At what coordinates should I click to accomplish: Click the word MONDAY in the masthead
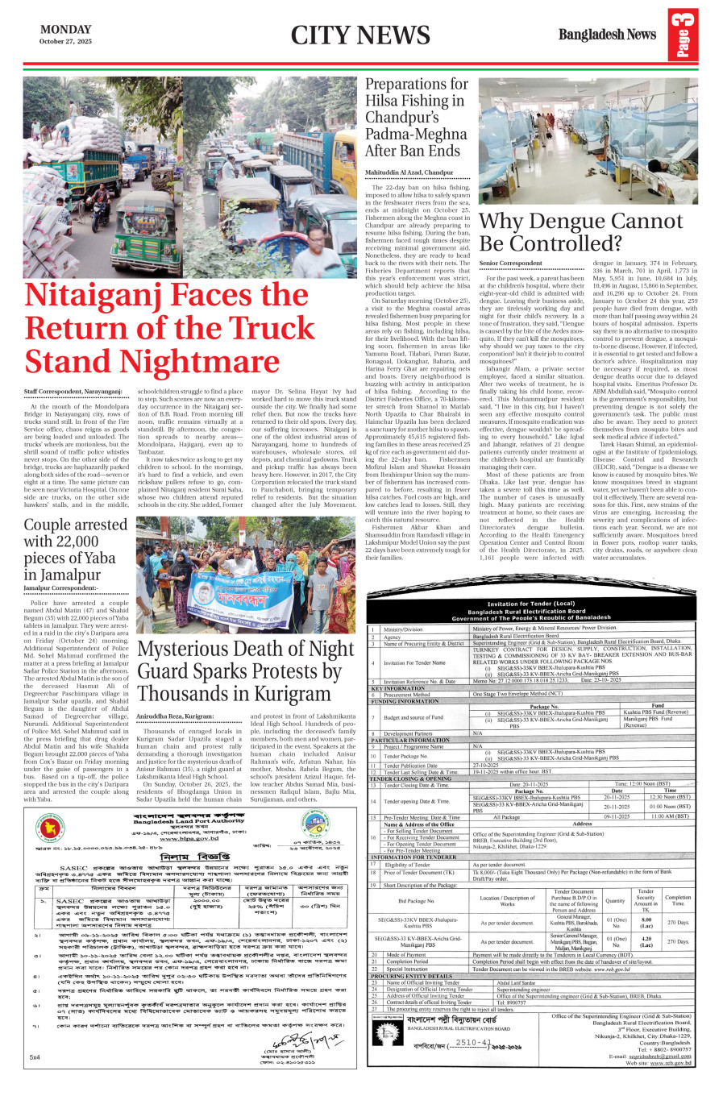66,29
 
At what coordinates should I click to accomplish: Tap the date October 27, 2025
66,41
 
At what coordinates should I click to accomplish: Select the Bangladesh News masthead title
607,35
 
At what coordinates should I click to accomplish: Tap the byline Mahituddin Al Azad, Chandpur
409,172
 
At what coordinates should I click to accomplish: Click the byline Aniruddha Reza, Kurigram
175,716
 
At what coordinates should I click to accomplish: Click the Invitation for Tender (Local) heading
530,604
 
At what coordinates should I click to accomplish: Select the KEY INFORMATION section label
398,688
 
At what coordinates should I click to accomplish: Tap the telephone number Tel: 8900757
511,1003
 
